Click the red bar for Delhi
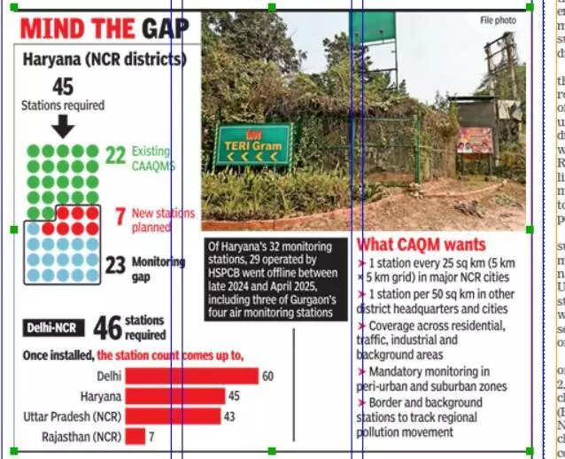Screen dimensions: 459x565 [191, 376]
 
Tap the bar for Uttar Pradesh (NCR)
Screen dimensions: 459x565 [173, 416]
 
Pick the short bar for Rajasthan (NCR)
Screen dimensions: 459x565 [135, 436]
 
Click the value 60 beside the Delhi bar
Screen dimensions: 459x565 [267, 377]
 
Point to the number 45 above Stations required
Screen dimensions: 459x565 [63, 87]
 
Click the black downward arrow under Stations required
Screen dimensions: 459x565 [63, 127]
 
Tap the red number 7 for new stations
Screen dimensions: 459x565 [120, 215]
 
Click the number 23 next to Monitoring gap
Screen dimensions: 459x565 [115, 265]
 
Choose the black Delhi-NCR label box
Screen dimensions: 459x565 [55, 328]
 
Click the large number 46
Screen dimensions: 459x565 [107, 328]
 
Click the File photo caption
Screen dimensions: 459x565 [498, 20]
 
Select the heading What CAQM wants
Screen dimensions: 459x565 [421, 244]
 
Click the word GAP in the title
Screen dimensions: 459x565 [165, 29]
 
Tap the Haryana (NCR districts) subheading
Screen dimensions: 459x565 [104, 60]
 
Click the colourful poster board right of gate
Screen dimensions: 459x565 [474, 139]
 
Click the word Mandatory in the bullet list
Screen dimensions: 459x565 [396, 371]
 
